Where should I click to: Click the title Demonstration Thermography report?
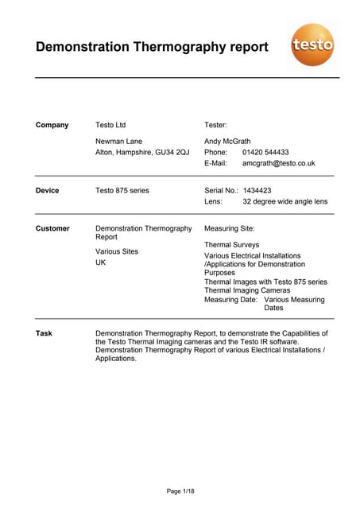click(152, 46)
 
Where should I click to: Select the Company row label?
click(52, 125)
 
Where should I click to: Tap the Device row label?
click(48, 191)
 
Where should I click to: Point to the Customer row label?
click(53, 228)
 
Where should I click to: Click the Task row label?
click(44, 333)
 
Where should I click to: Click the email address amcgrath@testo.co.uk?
click(279, 163)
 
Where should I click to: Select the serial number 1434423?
click(257, 191)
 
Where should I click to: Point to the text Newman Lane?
click(119, 141)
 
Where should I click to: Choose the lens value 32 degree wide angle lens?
click(285, 202)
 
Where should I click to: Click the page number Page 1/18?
click(180, 492)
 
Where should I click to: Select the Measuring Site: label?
click(230, 228)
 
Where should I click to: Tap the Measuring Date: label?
click(230, 300)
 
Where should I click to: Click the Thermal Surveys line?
click(231, 245)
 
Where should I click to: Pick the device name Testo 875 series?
click(122, 191)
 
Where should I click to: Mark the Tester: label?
click(216, 125)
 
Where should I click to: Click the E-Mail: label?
click(216, 163)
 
